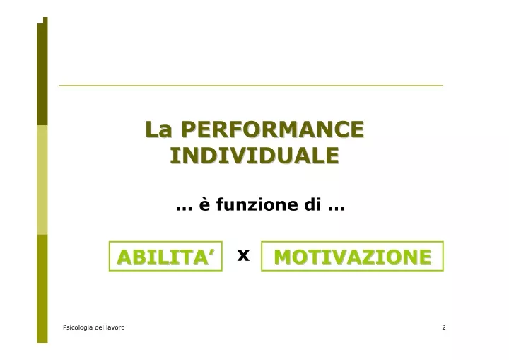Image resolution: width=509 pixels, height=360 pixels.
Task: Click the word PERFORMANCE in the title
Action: [x=273, y=129]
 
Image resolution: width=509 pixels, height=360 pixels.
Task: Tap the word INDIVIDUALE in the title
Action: [x=255, y=156]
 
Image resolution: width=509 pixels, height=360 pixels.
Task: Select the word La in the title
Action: [x=158, y=129]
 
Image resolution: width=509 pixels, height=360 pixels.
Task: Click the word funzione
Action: [x=257, y=204]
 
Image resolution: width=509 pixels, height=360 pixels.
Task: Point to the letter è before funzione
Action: [x=204, y=204]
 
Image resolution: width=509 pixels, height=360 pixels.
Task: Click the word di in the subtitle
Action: [x=312, y=204]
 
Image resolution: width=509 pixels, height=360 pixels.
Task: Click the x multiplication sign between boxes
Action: [x=243, y=255]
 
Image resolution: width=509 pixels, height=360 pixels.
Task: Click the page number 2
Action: [x=444, y=327]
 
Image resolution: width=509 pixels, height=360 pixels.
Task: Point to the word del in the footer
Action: [x=100, y=327]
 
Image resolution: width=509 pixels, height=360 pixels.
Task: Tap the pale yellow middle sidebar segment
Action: [x=42, y=180]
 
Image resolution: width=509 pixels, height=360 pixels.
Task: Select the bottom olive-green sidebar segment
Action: [x=42, y=289]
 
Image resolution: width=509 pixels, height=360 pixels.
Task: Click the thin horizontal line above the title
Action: [x=251, y=86]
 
